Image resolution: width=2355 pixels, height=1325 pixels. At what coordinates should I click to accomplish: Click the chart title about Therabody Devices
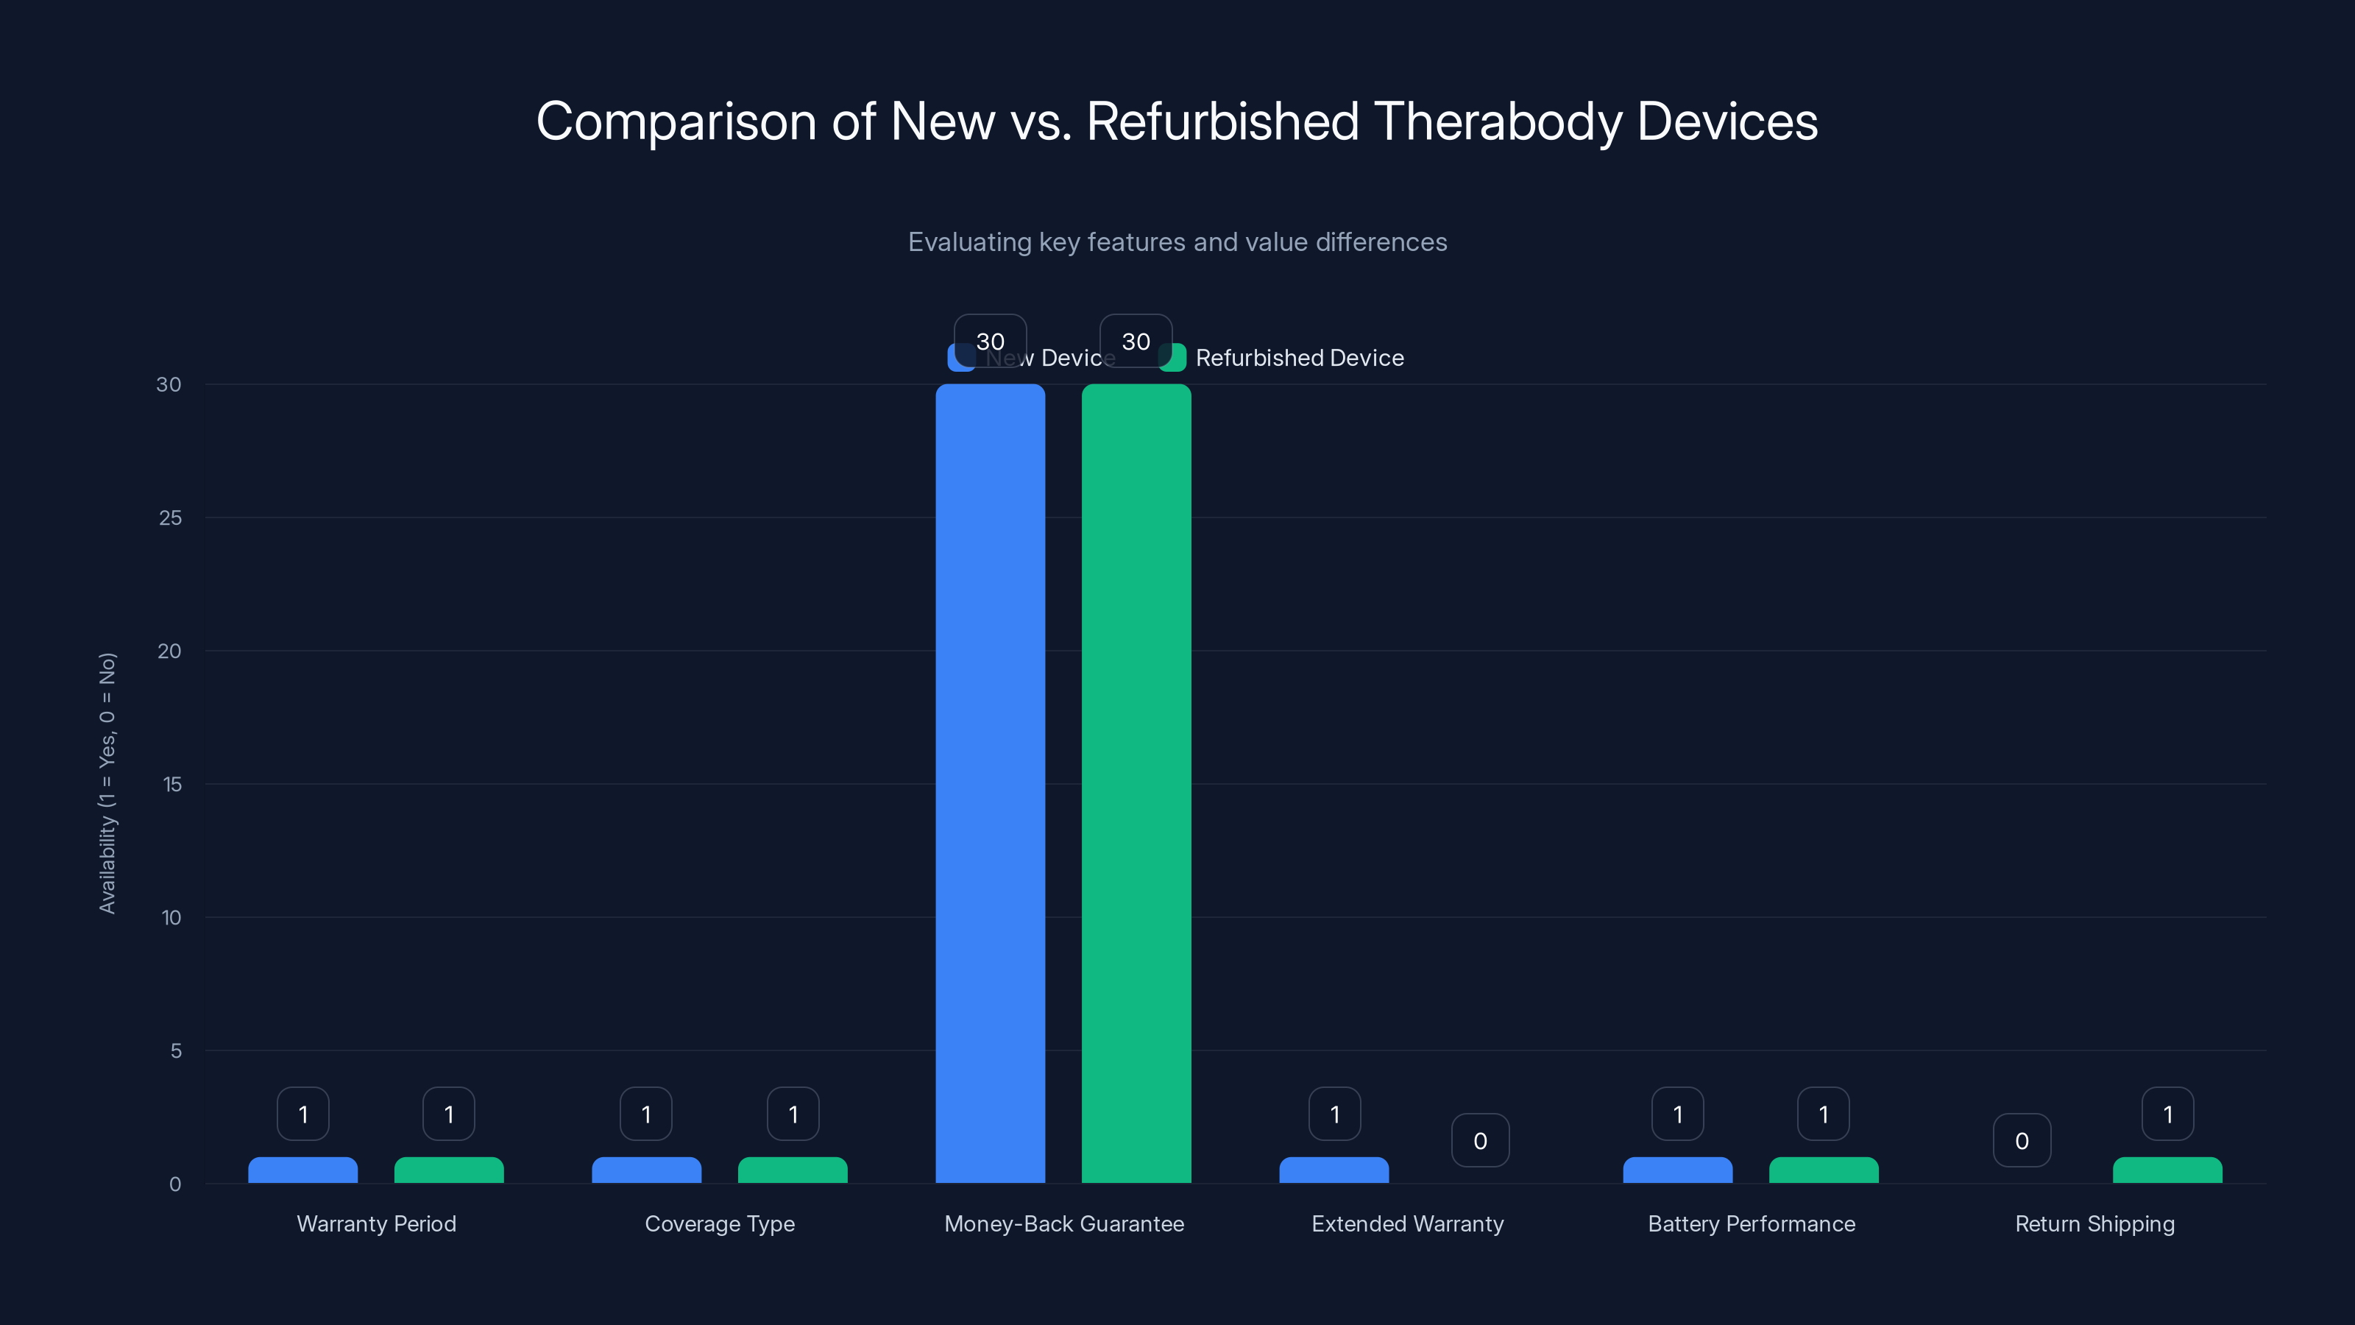1177,121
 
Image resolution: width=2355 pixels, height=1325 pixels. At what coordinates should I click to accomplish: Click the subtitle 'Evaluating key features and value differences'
1177,242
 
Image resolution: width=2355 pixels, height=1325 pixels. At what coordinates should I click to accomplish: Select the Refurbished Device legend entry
1298,358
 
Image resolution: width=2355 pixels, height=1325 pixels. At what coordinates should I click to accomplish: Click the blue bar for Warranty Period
302,1170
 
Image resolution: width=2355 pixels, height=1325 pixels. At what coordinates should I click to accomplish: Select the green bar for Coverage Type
793,1170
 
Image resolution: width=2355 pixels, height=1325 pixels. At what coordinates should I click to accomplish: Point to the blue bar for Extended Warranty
1334,1170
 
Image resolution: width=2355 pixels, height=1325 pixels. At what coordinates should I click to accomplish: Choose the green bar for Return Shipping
2167,1170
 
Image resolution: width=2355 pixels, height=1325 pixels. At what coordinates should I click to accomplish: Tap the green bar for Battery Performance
1823,1170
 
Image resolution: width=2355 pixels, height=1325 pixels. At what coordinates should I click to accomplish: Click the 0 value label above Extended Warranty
1480,1140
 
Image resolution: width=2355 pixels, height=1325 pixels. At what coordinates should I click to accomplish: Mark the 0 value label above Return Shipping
2022,1140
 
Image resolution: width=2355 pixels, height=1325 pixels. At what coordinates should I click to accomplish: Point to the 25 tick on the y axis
170,517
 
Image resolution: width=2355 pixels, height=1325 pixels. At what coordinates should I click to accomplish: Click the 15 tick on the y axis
172,784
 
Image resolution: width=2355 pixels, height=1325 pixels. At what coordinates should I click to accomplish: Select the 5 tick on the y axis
176,1050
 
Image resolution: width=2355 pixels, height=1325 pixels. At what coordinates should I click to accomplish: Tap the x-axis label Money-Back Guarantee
1063,1223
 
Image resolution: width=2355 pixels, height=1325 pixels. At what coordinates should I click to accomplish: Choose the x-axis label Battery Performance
1751,1223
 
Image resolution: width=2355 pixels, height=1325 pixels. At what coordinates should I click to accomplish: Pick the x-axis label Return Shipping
2094,1223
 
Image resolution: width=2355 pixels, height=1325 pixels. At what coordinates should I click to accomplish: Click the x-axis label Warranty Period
376,1223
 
